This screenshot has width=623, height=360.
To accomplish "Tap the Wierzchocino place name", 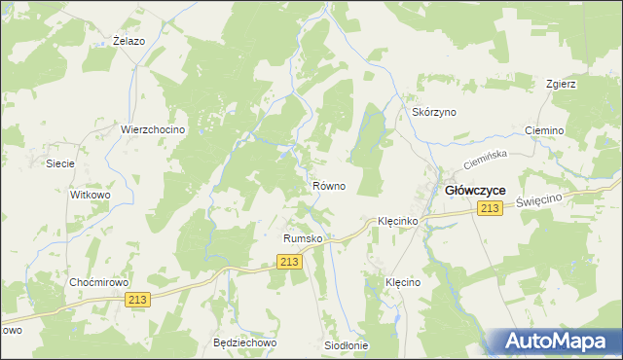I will pos(153,129).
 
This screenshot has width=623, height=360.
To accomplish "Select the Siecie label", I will pos(60,163).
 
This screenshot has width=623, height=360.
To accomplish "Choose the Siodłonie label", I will pos(347,345).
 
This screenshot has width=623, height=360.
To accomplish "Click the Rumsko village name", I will pos(302,238).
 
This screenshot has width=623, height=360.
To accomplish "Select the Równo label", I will pos(328,186).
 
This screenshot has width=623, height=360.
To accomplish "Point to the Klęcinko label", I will pos(397,222).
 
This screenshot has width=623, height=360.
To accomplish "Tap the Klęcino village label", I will pos(402,282).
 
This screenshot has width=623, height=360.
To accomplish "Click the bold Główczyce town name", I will pos(474,191).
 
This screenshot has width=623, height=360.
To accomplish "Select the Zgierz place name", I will pos(562,84).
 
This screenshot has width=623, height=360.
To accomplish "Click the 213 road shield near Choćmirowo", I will pos(137,302).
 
